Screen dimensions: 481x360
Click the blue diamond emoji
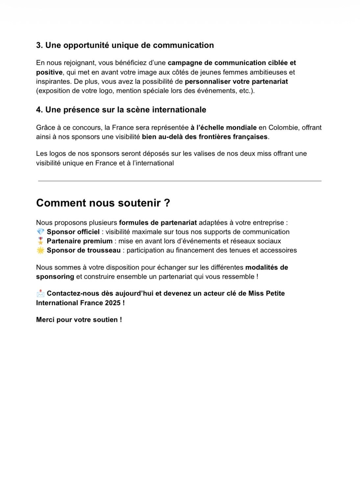(x=40, y=232)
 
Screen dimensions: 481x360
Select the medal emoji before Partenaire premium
(x=40, y=241)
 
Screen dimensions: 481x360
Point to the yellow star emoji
(x=40, y=250)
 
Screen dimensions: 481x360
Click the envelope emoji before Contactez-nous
(x=40, y=293)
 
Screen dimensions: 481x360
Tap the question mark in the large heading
(x=167, y=203)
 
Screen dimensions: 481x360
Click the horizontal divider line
(x=180, y=181)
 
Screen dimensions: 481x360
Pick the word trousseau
(x=104, y=250)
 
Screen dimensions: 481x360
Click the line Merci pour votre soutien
(x=79, y=320)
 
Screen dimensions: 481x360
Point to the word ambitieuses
(x=276, y=72)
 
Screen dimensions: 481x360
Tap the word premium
(x=99, y=241)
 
